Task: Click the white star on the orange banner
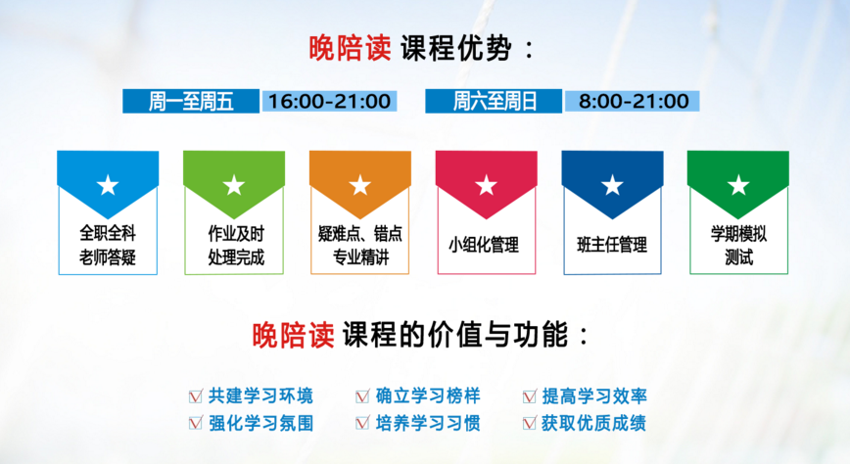[x=360, y=185]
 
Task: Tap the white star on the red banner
[x=487, y=185]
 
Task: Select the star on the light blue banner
[x=108, y=185]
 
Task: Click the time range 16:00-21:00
[x=330, y=102]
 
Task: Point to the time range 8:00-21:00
[x=634, y=102]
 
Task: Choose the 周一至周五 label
[x=191, y=102]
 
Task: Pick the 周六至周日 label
[x=495, y=102]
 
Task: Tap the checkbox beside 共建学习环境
[x=195, y=396]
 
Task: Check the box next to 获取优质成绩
[x=529, y=423]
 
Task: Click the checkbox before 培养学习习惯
[x=362, y=423]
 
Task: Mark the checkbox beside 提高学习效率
[x=529, y=396]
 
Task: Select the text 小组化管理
[x=484, y=245]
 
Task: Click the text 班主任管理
[x=612, y=245]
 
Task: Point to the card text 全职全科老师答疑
[x=108, y=245]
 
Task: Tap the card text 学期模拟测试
[x=739, y=245]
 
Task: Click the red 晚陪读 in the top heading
[x=350, y=48]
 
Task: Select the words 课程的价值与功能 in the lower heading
[x=454, y=334]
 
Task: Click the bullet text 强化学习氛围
[x=261, y=423]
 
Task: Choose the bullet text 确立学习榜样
[x=428, y=396]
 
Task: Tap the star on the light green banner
[x=234, y=185]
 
